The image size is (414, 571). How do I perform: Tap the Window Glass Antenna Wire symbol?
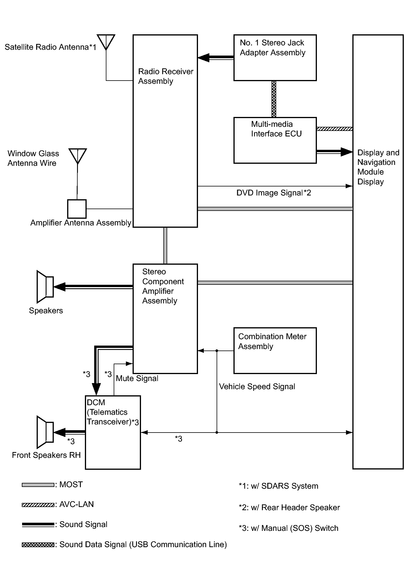tap(78, 156)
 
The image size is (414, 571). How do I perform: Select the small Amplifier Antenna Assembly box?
tap(77, 209)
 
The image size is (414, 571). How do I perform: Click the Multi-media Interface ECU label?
tap(276, 129)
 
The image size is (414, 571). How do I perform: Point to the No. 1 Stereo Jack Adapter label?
tap(272, 48)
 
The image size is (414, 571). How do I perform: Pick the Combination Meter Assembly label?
tap(272, 341)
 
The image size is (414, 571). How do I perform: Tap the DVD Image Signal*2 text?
tap(274, 193)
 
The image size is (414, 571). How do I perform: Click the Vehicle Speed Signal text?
tap(257, 387)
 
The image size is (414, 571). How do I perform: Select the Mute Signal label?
tap(137, 378)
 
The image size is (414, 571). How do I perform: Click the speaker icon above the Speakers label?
tap(45, 287)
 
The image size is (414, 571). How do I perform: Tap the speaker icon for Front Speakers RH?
tap(45, 432)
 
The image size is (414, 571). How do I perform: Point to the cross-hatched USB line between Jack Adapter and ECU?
tap(274, 99)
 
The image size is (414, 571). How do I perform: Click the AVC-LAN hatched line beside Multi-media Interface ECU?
tap(334, 129)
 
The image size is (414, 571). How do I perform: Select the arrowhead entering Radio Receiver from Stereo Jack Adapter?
tap(204, 58)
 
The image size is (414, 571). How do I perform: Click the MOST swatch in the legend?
tap(38, 485)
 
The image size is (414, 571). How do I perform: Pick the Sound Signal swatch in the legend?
tap(38, 525)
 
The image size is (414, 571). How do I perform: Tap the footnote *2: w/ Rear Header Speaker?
tap(289, 508)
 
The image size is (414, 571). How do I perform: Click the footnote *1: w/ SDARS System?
tap(278, 486)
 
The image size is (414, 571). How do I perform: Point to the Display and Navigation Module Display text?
tap(378, 167)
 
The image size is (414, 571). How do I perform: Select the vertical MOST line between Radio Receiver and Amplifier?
tap(165, 246)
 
